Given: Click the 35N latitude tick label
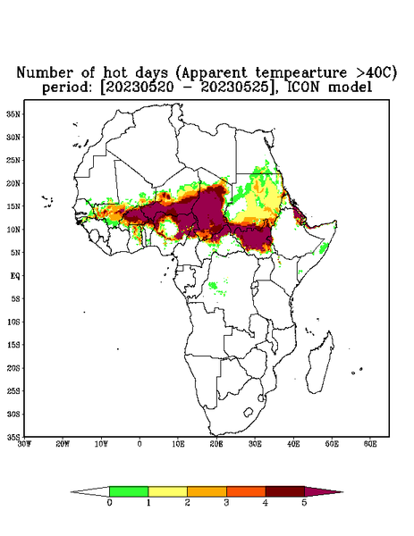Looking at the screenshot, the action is (x=13, y=113).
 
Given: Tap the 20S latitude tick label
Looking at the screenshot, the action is (x=13, y=368).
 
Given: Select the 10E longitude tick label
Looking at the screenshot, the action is (x=178, y=444).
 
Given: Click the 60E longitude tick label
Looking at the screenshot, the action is (x=370, y=444).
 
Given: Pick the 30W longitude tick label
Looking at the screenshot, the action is (x=24, y=444).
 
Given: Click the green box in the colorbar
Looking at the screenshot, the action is (x=129, y=491).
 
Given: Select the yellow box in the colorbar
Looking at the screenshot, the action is (x=167, y=491).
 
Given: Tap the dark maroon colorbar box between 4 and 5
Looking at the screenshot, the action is (x=285, y=491).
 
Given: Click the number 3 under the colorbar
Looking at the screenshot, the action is (x=226, y=503).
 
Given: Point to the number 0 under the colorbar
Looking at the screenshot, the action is (x=109, y=503).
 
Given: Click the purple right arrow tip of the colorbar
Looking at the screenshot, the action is (x=342, y=492).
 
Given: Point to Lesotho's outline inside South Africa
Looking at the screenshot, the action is (x=248, y=412).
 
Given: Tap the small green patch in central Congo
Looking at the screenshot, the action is (x=213, y=285).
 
